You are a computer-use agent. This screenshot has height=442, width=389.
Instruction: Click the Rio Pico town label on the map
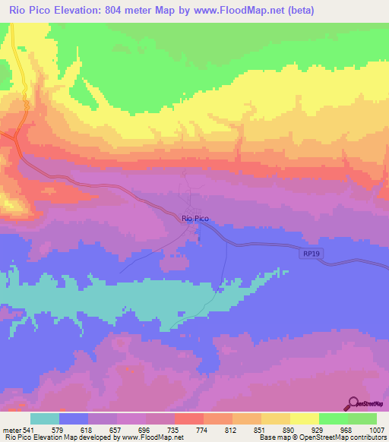[195, 219]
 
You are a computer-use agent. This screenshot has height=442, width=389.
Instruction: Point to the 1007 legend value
[378, 430]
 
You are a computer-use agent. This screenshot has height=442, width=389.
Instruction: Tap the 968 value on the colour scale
[348, 430]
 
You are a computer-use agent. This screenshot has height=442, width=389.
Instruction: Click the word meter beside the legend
[12, 430]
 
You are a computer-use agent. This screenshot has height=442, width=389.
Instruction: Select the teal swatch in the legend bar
[45, 418]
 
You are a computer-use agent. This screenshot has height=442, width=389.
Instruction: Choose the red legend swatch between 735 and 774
[189, 418]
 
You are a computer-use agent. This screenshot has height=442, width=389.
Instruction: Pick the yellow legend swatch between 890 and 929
[305, 418]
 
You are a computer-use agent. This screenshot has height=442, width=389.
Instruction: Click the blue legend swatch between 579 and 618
[74, 418]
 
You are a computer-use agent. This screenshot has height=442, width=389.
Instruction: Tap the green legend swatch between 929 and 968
[334, 418]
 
